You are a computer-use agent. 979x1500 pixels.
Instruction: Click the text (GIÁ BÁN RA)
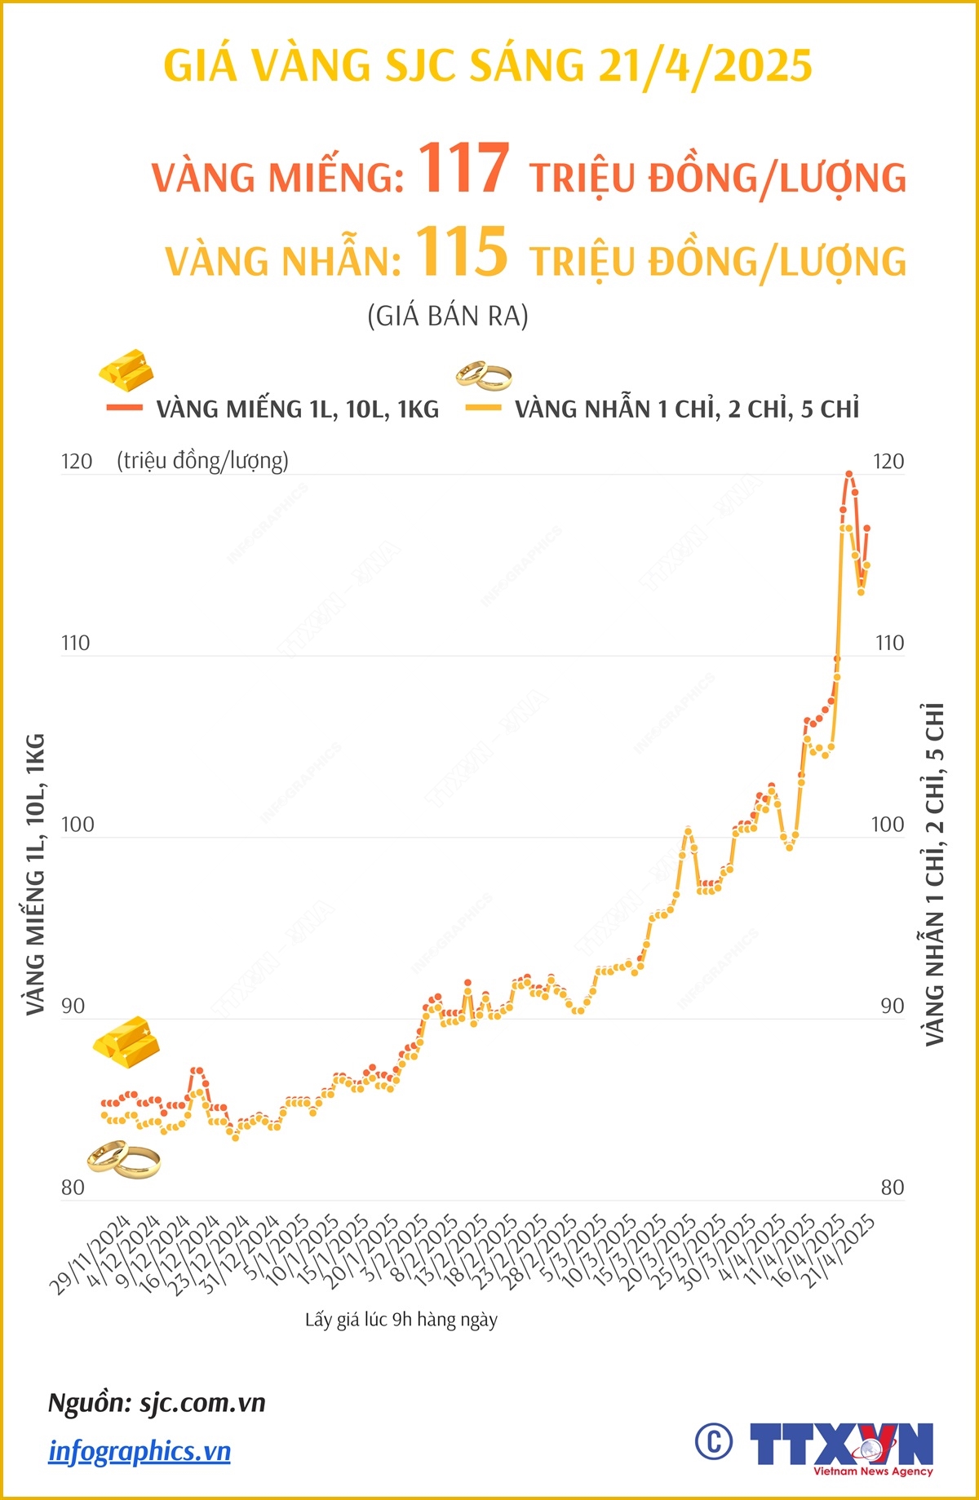[x=448, y=316]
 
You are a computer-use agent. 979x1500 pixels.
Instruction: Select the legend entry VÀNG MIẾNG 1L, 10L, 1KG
[x=297, y=409]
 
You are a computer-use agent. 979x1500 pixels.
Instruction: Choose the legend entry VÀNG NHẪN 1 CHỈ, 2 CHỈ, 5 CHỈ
[x=686, y=409]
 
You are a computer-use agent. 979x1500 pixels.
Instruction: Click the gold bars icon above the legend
[x=126, y=369]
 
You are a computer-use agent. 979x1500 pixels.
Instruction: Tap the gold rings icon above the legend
[x=484, y=375]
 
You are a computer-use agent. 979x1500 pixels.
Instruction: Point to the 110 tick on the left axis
[x=75, y=644]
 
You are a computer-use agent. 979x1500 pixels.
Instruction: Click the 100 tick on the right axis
[x=888, y=825]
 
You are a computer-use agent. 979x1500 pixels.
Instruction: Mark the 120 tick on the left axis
[x=77, y=462]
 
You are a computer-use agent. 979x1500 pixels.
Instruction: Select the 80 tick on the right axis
[x=893, y=1188]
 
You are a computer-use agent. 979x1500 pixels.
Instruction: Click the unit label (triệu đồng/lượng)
[x=202, y=461]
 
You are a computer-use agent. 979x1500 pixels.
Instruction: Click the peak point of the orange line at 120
[x=849, y=474]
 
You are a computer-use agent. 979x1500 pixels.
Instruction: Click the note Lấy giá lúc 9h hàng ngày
[x=401, y=1320]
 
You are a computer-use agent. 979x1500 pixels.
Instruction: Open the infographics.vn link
[x=140, y=1451]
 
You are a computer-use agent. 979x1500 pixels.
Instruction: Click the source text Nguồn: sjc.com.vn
[x=157, y=1403]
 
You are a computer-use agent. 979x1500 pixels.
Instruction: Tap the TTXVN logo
[x=841, y=1447]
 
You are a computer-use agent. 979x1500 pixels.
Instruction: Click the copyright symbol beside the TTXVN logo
[x=714, y=1442]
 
